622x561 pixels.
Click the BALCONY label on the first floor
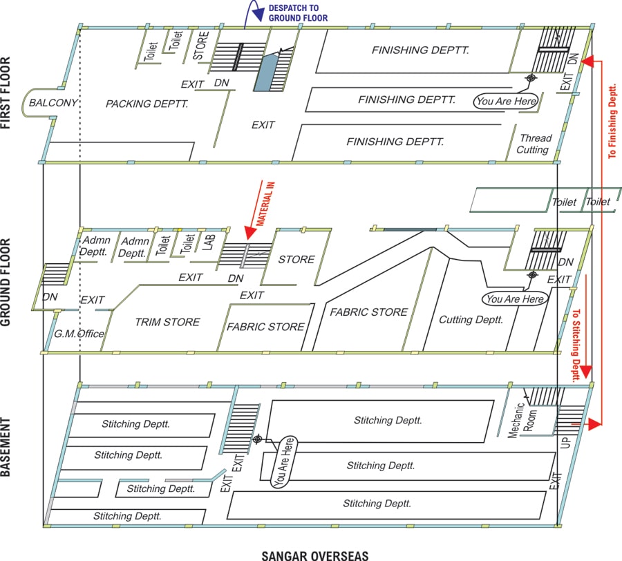tap(53, 103)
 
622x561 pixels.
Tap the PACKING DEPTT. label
tap(147, 104)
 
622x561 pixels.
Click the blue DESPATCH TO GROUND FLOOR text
tap(298, 13)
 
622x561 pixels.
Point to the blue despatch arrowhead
tap(258, 15)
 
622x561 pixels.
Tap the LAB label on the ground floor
tap(209, 243)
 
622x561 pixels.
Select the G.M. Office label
tap(79, 334)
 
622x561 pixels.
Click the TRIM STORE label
tap(167, 322)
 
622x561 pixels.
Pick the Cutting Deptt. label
tap(471, 320)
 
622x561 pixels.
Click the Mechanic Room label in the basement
tap(522, 420)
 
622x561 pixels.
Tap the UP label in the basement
tap(565, 442)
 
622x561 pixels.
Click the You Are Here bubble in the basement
tap(284, 462)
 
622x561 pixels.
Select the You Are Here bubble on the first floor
tap(506, 102)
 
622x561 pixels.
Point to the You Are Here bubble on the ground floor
tap(515, 299)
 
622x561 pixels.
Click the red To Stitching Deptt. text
tap(576, 345)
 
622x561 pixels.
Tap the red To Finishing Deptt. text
tap(612, 122)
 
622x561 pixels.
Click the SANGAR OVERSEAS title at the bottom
tap(315, 555)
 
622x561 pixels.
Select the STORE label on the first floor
tap(200, 46)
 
